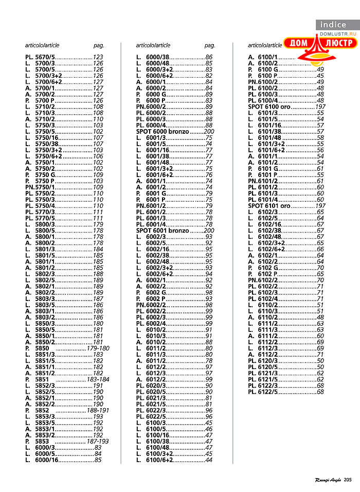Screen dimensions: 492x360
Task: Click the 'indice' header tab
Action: (333, 24)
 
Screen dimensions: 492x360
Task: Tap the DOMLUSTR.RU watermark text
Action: (338, 33)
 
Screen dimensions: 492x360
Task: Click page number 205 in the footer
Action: (348, 480)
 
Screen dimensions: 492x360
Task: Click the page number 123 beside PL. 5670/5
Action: (98, 57)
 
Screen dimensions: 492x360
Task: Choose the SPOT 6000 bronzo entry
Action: (163, 132)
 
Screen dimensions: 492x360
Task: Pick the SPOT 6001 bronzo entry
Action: (163, 231)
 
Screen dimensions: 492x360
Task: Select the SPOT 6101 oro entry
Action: (269, 205)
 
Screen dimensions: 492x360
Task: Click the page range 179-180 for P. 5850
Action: (98, 348)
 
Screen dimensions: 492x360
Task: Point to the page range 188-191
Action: (98, 410)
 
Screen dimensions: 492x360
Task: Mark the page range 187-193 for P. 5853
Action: (98, 441)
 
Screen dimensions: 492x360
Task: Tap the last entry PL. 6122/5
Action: (263, 392)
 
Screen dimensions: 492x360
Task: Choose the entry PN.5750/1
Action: (40, 187)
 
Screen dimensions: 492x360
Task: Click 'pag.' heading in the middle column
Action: (210, 45)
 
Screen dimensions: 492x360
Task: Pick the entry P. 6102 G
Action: (264, 268)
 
